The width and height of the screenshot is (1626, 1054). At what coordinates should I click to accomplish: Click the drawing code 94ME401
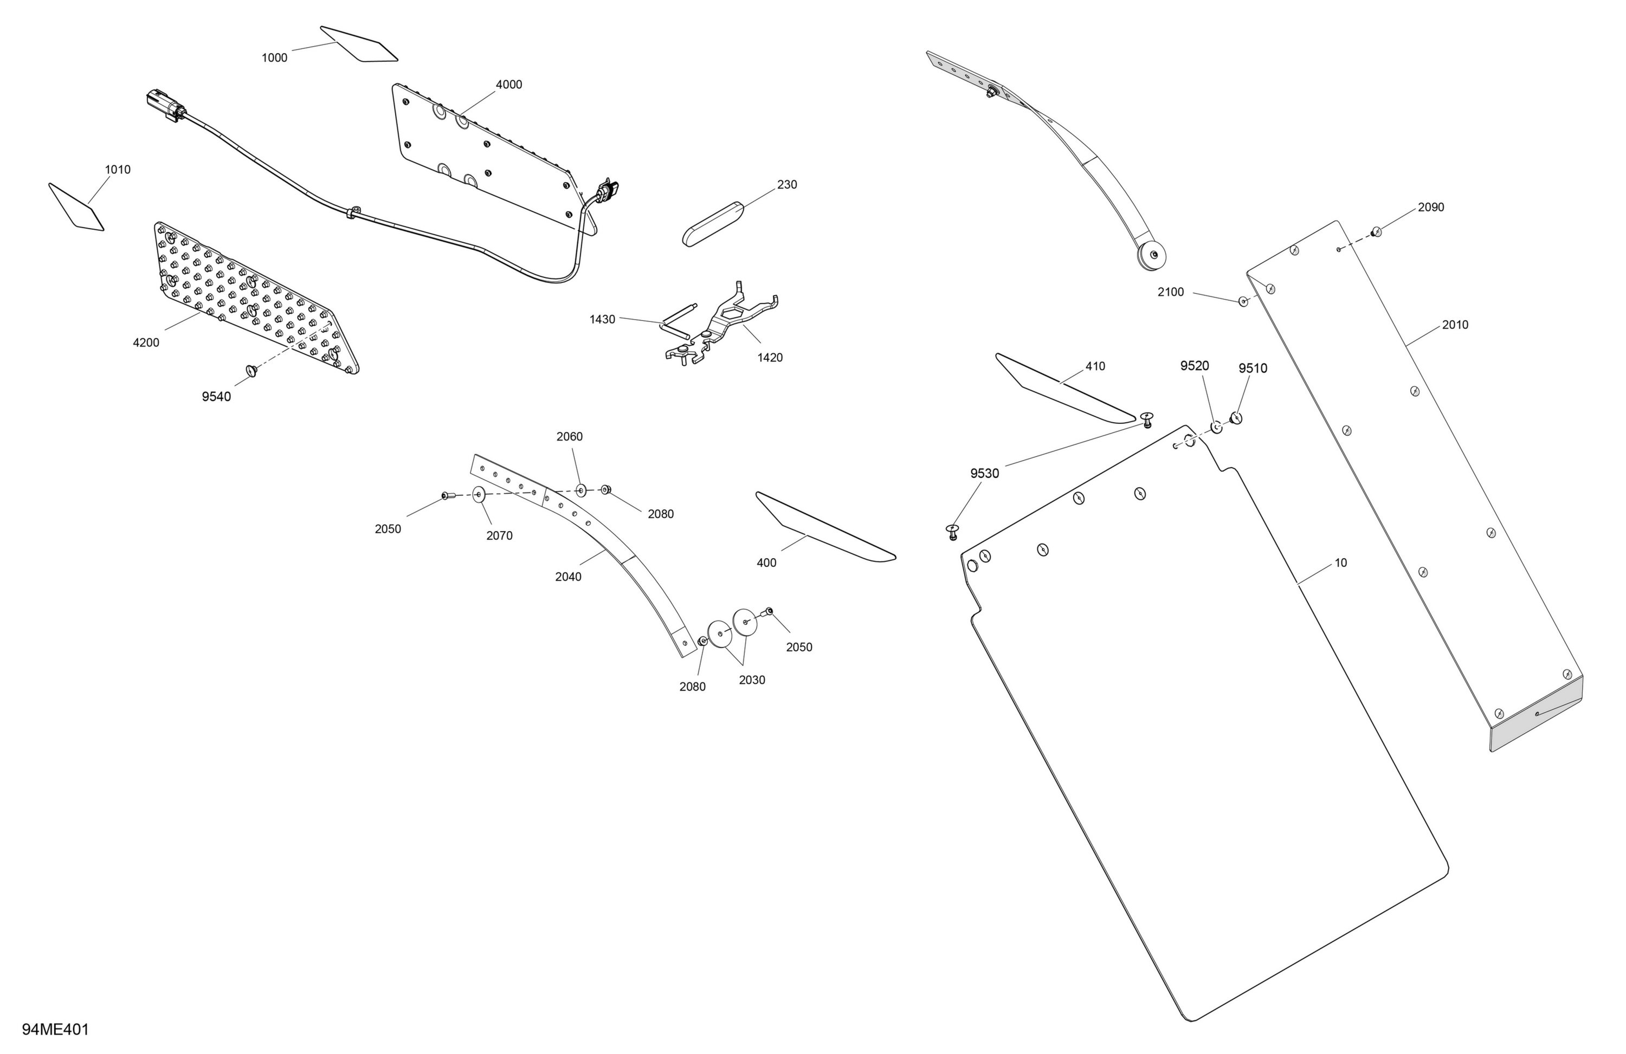click(55, 1030)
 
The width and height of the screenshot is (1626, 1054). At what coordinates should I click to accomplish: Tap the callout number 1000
click(275, 58)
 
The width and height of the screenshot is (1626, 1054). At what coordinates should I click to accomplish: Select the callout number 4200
click(146, 343)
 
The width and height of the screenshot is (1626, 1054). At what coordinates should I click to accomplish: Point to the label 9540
click(217, 397)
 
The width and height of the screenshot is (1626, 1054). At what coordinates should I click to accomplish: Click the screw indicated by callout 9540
click(251, 370)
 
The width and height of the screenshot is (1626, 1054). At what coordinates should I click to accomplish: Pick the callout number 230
click(787, 184)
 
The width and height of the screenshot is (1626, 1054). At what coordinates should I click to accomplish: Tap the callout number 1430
click(603, 319)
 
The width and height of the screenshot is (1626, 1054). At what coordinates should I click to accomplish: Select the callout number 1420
click(770, 357)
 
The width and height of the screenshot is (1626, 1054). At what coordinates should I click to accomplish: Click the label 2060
click(570, 436)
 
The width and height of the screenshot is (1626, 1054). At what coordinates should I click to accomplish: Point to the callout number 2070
click(499, 535)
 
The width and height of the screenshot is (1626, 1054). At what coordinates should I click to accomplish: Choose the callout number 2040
click(569, 577)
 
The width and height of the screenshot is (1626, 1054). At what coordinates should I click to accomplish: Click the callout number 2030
click(752, 680)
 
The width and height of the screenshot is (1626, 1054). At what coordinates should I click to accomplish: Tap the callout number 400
click(766, 563)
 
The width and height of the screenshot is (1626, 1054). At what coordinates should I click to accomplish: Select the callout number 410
click(1095, 366)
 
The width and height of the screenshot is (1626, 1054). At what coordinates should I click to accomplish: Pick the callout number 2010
click(1455, 325)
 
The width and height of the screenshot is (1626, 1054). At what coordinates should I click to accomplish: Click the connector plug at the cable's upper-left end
click(165, 106)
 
